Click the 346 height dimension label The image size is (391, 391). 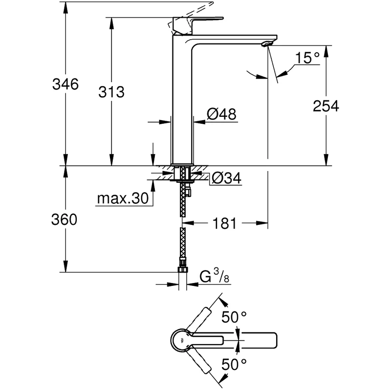[65, 84]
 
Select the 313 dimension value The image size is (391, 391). [111, 91]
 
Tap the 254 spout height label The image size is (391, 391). [326, 106]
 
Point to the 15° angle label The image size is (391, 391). [307, 59]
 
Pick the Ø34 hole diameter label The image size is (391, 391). [226, 179]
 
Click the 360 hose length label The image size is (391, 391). [65, 220]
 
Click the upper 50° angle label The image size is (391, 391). [235, 317]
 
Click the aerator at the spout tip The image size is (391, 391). [266, 44]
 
